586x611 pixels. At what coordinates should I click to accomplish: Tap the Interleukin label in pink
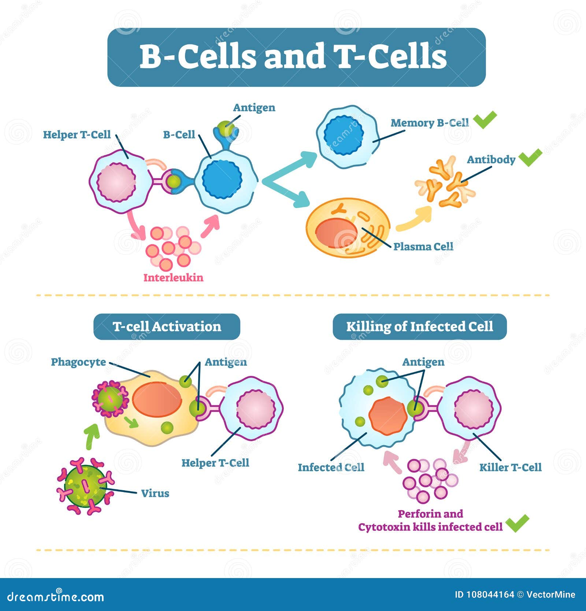coord(173,277)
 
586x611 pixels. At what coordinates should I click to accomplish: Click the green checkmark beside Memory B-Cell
coord(485,119)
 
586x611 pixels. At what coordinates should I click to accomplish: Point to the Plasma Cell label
coord(423,246)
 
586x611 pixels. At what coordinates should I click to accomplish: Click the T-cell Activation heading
coord(167,326)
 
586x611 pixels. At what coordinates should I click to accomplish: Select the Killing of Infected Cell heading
coord(419,326)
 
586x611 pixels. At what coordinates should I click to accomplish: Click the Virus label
coord(155,493)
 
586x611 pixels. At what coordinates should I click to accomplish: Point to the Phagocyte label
coord(78,362)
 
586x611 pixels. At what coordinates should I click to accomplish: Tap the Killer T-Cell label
coord(510,467)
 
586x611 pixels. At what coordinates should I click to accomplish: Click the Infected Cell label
coord(331,467)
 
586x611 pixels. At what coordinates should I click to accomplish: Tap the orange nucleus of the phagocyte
coord(157,399)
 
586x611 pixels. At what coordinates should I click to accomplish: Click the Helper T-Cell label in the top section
coord(77,135)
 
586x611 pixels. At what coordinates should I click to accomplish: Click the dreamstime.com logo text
coord(55,597)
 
